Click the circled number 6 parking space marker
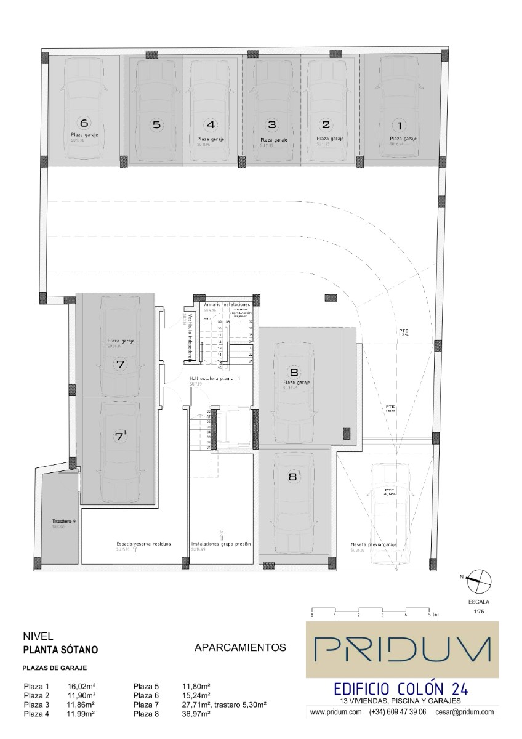84,123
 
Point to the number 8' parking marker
294,476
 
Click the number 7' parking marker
121,437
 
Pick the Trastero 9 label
63,522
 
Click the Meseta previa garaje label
373,544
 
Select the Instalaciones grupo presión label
221,544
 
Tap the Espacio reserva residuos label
143,544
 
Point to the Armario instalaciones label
227,305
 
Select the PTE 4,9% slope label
388,491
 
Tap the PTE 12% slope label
404,334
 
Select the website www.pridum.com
335,712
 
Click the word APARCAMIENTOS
240,647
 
